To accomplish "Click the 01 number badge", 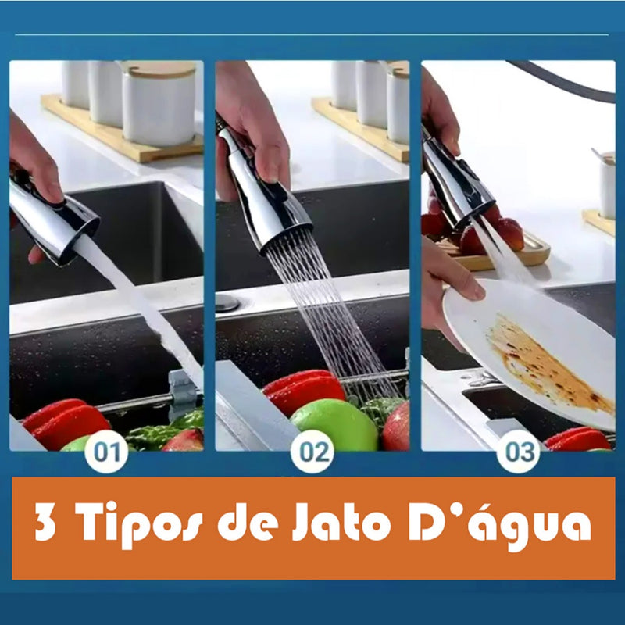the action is point(106,452).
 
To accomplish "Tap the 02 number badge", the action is point(312,452).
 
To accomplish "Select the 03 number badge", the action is point(518,452).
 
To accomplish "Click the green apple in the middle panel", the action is point(334,425).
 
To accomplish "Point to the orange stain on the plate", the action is point(548,365).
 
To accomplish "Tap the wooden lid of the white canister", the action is point(159,70).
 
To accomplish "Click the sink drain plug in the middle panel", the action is point(227,302).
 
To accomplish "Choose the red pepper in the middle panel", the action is point(305,390).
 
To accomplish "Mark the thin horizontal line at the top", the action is point(312,35).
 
